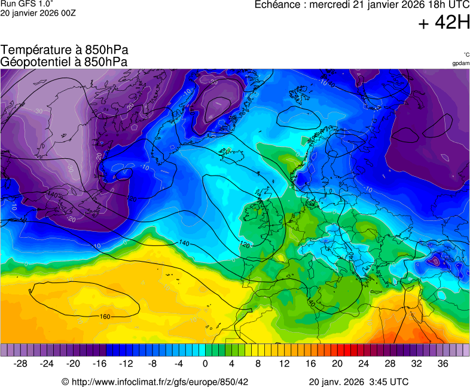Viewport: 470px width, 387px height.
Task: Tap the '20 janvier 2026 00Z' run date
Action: [38, 13]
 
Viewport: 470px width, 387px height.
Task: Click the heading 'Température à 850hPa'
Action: [65, 50]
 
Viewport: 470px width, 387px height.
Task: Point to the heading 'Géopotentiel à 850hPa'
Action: [64, 62]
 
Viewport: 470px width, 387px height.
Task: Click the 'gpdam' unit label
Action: [460, 63]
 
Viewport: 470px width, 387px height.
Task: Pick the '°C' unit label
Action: [466, 54]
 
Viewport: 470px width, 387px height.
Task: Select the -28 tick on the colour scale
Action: [21, 364]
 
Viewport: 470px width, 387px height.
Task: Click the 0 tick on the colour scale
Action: [205, 364]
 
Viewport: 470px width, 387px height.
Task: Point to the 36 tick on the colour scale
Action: [442, 364]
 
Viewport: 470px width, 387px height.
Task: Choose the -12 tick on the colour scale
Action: [126, 364]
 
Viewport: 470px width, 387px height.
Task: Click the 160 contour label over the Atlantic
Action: [105, 317]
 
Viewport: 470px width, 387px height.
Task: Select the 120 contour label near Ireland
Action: [244, 245]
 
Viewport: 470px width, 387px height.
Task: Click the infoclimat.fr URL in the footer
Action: [160, 382]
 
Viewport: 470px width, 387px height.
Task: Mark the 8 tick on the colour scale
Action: [258, 364]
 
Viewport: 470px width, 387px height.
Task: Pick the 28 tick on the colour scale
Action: [389, 364]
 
